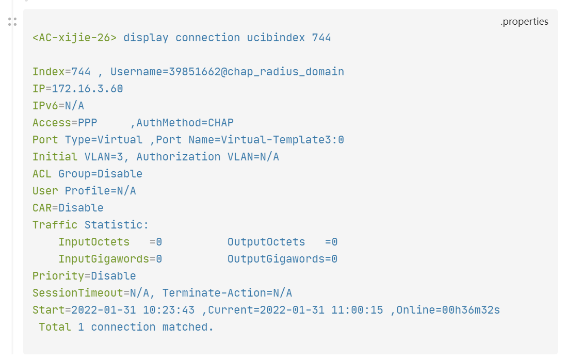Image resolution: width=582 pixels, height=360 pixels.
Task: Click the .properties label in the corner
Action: (524, 22)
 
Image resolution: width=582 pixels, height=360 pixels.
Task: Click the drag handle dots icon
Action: (12, 22)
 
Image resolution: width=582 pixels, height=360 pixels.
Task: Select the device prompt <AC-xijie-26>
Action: (75, 38)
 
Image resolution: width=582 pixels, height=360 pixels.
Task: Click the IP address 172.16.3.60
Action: (87, 89)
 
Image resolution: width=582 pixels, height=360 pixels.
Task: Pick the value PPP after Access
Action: (87, 123)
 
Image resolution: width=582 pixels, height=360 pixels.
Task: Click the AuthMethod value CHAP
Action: (221, 123)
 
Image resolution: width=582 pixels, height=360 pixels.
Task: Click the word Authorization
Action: (178, 157)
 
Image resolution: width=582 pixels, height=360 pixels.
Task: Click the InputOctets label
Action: (94, 242)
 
